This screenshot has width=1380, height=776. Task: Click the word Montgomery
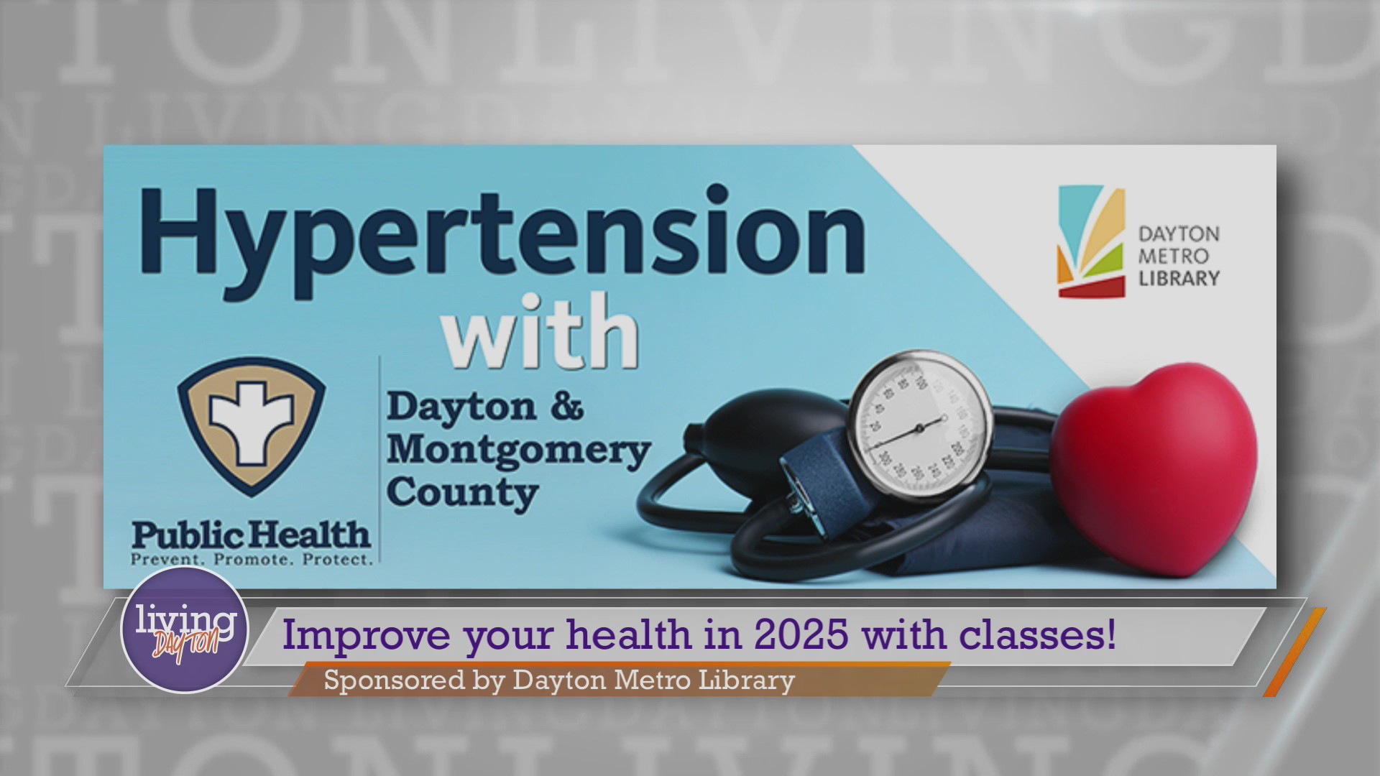click(518, 451)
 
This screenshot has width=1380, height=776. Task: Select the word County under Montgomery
click(463, 494)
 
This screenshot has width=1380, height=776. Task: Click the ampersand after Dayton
click(567, 407)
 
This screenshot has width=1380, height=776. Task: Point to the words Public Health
click(251, 535)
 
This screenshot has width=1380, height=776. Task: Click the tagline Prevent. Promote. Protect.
click(251, 558)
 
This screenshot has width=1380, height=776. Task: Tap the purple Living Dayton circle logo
click(184, 629)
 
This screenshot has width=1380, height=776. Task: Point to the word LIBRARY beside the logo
click(1179, 278)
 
